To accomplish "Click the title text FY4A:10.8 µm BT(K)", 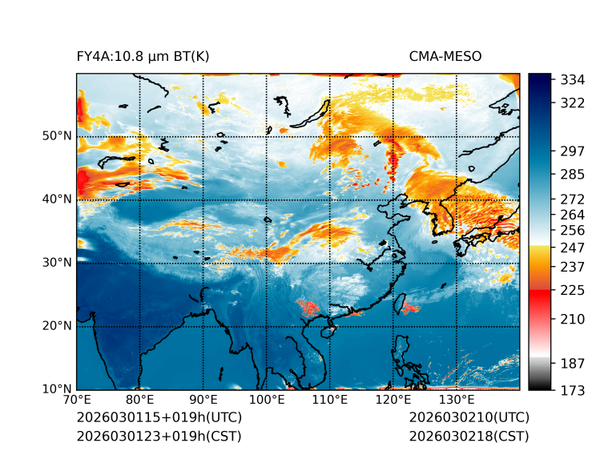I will [143, 57].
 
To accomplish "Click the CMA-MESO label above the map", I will [445, 57].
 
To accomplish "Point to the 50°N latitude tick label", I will [57, 136].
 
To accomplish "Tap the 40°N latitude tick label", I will [57, 199].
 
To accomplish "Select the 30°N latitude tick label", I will [57, 263].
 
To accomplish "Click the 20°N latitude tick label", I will [57, 326].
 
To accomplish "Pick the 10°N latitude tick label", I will [57, 389].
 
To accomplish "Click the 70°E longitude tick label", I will [77, 401].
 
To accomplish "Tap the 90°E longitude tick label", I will [203, 401].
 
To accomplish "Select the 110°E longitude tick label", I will [330, 401].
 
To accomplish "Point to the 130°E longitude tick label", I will [457, 401].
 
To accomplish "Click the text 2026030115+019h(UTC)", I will [159, 418].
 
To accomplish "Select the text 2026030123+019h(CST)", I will [159, 437].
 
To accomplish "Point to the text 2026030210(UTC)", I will [469, 418].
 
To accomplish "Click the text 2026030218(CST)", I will [469, 437].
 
